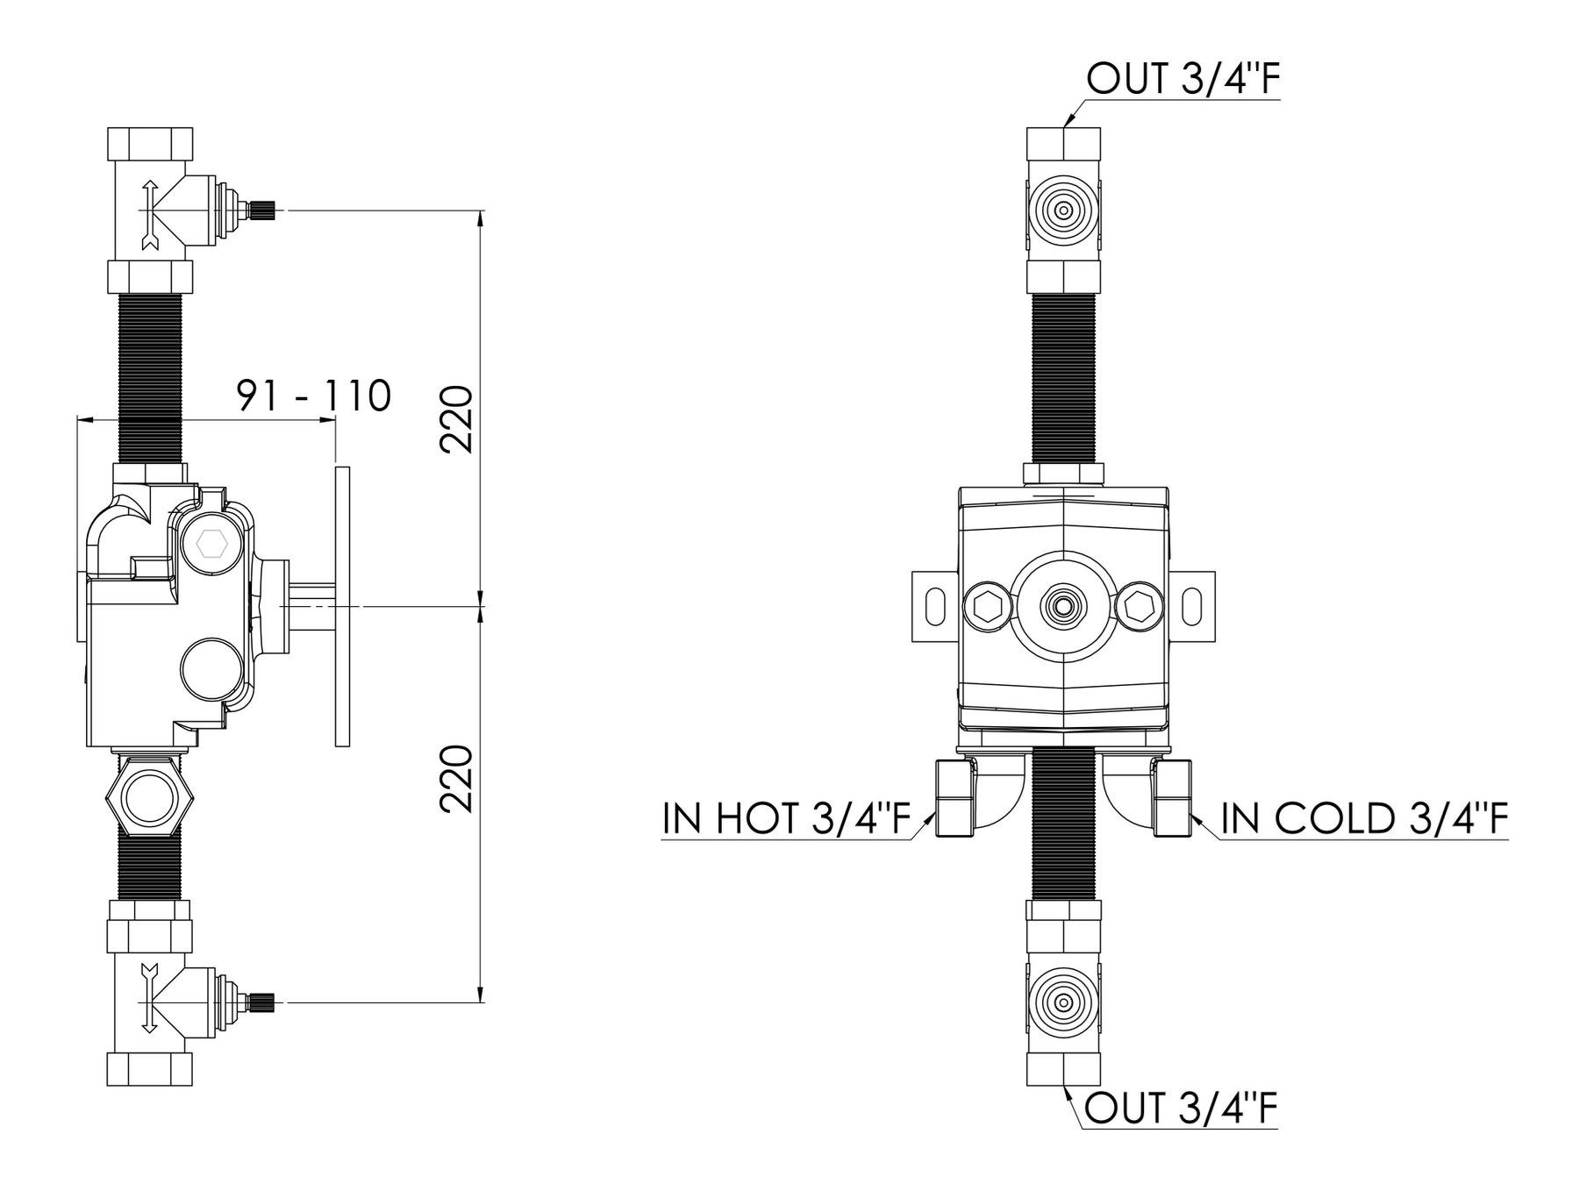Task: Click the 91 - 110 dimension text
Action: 313,396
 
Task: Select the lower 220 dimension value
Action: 456,779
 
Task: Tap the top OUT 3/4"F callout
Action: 1182,79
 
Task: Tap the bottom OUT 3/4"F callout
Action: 1181,1109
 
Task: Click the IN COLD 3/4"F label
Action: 1364,819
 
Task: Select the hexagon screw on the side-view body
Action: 211,545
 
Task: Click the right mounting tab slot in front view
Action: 1192,606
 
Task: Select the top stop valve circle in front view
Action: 1063,210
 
